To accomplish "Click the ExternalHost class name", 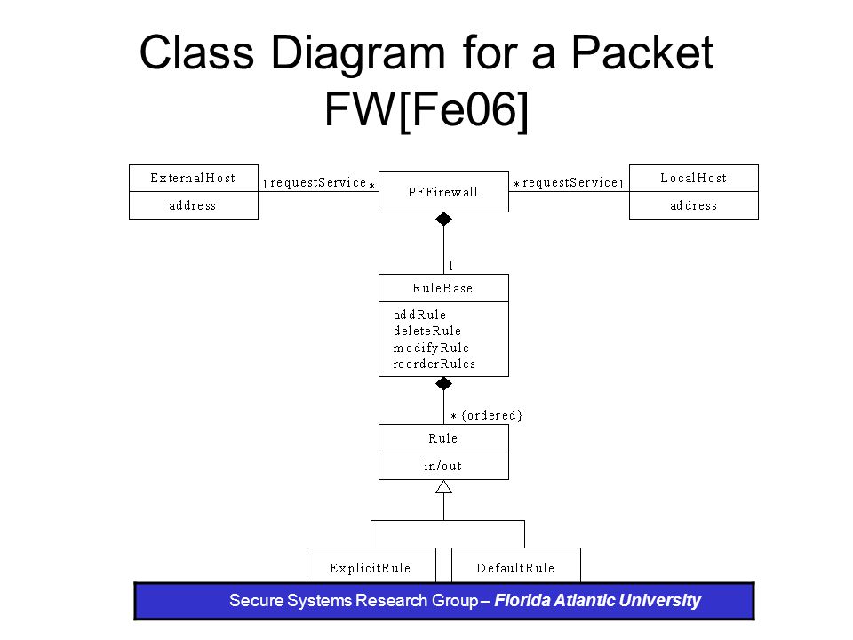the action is (193, 178).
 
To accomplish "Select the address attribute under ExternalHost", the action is (193, 205).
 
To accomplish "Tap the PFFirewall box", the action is (443, 192).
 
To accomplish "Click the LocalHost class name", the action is (694, 178).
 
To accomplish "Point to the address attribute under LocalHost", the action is (694, 205).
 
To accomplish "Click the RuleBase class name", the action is (442, 288).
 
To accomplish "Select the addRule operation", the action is (419, 315).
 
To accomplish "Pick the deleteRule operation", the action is (427, 331).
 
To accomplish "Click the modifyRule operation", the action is (431, 348).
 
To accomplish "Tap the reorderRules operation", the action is (434, 364).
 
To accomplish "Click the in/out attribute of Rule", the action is (442, 466).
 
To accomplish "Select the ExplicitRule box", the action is (371, 565).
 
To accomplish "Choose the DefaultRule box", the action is (516, 565).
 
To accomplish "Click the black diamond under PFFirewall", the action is (444, 220).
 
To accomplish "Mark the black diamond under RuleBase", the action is (444, 384).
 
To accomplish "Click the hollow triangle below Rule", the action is (444, 486).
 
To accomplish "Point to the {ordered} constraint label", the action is (491, 416).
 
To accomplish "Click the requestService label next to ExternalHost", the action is (318, 183).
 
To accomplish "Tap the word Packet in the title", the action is (642, 52).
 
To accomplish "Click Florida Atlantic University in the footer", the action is (597, 600).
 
